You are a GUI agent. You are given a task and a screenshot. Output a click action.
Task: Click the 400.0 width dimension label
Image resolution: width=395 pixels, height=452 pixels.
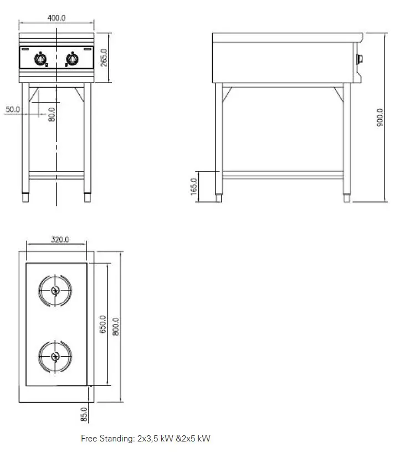click(x=57, y=18)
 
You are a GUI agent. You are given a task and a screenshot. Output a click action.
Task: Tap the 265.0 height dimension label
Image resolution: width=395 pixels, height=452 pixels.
click(x=103, y=58)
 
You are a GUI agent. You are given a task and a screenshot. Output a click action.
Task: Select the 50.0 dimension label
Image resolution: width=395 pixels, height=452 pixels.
click(x=13, y=110)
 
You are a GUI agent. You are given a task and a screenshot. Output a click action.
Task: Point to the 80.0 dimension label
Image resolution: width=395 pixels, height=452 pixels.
click(x=52, y=115)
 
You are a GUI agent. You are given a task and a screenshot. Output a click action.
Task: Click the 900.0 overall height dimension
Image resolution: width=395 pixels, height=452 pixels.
click(x=380, y=118)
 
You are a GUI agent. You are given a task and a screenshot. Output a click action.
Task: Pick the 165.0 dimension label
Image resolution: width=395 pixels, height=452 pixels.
click(x=194, y=186)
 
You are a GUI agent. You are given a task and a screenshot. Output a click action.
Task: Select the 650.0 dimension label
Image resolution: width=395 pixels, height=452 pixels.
click(x=103, y=324)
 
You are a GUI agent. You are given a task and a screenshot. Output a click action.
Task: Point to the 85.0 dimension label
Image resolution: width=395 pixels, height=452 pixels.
click(x=84, y=414)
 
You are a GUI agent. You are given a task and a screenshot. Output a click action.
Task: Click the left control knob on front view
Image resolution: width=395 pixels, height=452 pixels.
click(x=41, y=58)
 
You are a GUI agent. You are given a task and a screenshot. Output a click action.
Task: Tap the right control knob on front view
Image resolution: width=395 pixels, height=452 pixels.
click(x=72, y=58)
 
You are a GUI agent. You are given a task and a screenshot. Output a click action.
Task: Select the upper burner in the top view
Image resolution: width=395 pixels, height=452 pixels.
click(x=55, y=291)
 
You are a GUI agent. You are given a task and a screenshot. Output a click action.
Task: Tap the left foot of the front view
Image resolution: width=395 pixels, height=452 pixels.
click(x=25, y=197)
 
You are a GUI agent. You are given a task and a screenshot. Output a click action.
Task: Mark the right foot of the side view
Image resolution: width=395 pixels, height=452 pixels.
click(x=347, y=197)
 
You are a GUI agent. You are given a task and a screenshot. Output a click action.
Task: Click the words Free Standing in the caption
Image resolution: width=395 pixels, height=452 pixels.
click(x=107, y=439)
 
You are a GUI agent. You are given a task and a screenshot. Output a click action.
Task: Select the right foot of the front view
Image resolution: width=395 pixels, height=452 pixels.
click(x=87, y=197)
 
